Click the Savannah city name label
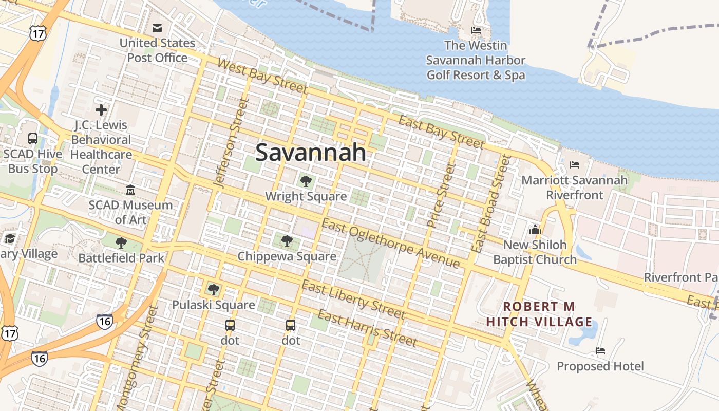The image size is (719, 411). click(311, 153)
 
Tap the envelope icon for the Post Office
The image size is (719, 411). click(157, 27)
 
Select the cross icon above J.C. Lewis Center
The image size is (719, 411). click(101, 109)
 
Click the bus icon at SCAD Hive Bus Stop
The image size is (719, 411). click(33, 138)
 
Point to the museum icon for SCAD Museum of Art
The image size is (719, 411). click(130, 190)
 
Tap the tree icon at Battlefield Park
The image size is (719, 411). click(121, 242)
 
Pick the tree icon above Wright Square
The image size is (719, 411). click(306, 181)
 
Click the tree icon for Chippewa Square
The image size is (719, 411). click(287, 240)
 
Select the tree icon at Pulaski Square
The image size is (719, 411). click(214, 290)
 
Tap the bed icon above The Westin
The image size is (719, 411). click(476, 30)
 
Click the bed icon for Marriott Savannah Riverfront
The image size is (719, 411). click(575, 165)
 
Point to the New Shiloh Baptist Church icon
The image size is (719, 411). click(535, 229)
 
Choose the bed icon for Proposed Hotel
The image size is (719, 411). click(600, 351)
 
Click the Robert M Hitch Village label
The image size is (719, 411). click(539, 314)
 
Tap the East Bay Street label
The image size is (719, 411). click(441, 132)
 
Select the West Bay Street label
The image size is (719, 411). click(262, 77)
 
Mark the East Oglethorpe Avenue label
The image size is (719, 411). click(390, 243)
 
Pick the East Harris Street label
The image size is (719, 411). click(367, 328)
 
